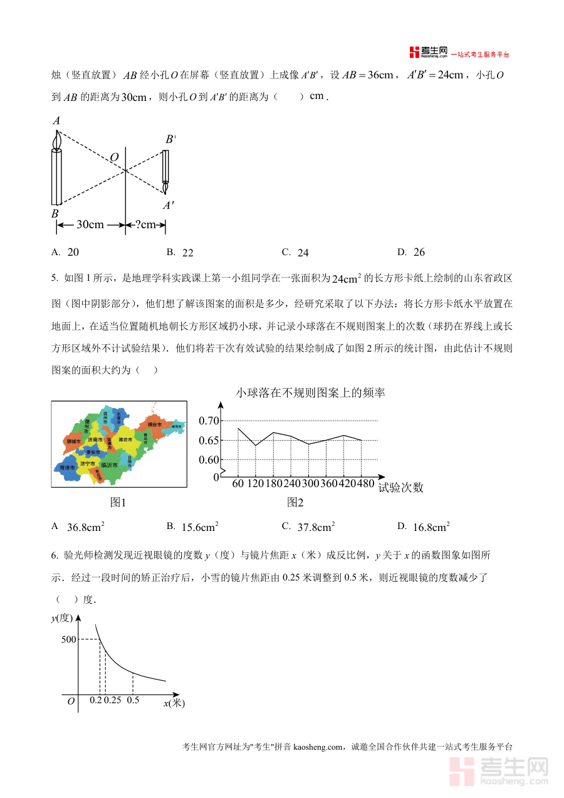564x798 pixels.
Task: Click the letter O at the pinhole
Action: (114, 157)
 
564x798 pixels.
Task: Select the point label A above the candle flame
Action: (56, 120)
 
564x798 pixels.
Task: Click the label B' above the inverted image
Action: (170, 139)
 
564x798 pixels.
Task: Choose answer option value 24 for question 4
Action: (303, 253)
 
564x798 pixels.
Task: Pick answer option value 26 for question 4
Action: (419, 253)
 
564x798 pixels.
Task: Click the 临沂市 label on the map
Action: (109, 465)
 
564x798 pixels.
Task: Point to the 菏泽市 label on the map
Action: (67, 468)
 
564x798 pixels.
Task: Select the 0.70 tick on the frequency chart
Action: (209, 420)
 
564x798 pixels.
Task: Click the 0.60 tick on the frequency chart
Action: (209, 459)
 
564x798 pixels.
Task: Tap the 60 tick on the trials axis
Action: (238, 483)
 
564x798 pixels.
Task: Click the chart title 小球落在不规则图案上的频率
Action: (310, 393)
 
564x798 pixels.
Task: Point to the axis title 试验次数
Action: (401, 487)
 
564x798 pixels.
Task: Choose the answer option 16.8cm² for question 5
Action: (431, 527)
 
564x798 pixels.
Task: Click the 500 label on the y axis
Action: (68, 639)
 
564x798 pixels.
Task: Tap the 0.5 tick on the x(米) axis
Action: (133, 700)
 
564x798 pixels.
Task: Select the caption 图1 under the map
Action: (118, 502)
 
